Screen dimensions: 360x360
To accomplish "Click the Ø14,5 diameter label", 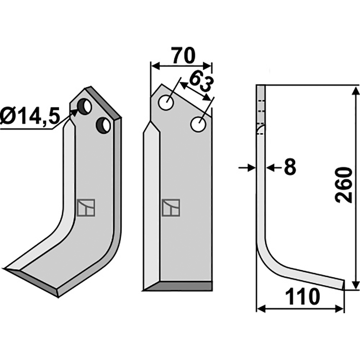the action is (x=30, y=116).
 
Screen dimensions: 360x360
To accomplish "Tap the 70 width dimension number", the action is (x=184, y=56).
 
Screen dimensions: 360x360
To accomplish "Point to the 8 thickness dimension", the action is (x=290, y=167).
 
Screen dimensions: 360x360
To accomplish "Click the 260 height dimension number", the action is (x=343, y=185).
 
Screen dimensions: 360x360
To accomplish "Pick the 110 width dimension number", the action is (x=302, y=297).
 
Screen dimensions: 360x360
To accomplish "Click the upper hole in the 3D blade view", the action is (x=85, y=106).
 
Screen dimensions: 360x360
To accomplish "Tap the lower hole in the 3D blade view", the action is (x=103, y=125).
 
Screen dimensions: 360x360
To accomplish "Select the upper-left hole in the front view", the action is (x=166, y=103).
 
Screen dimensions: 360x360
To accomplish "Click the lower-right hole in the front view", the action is (x=198, y=124).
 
